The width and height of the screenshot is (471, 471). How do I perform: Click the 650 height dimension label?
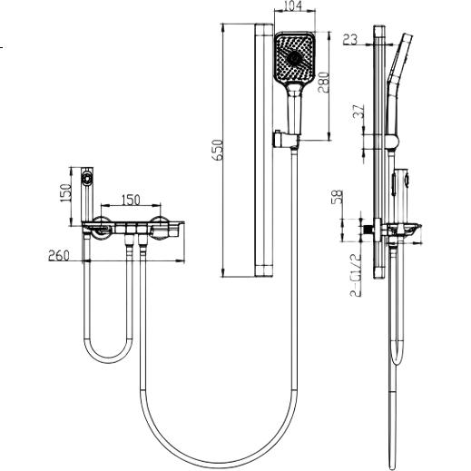pos(219,150)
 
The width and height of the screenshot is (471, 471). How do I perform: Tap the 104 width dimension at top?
pos(293,5)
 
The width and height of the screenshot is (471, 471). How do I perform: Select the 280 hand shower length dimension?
pos(323,83)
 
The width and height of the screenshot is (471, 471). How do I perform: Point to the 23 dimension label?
pos(350,39)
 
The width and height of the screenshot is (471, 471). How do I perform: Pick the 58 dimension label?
pos(338,197)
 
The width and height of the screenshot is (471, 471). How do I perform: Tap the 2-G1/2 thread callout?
pos(356,275)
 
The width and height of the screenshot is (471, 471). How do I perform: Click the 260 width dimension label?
pos(59,256)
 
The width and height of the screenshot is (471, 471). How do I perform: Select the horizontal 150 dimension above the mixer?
pos(131,200)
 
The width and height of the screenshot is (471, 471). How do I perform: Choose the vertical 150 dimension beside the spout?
pos(65,193)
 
